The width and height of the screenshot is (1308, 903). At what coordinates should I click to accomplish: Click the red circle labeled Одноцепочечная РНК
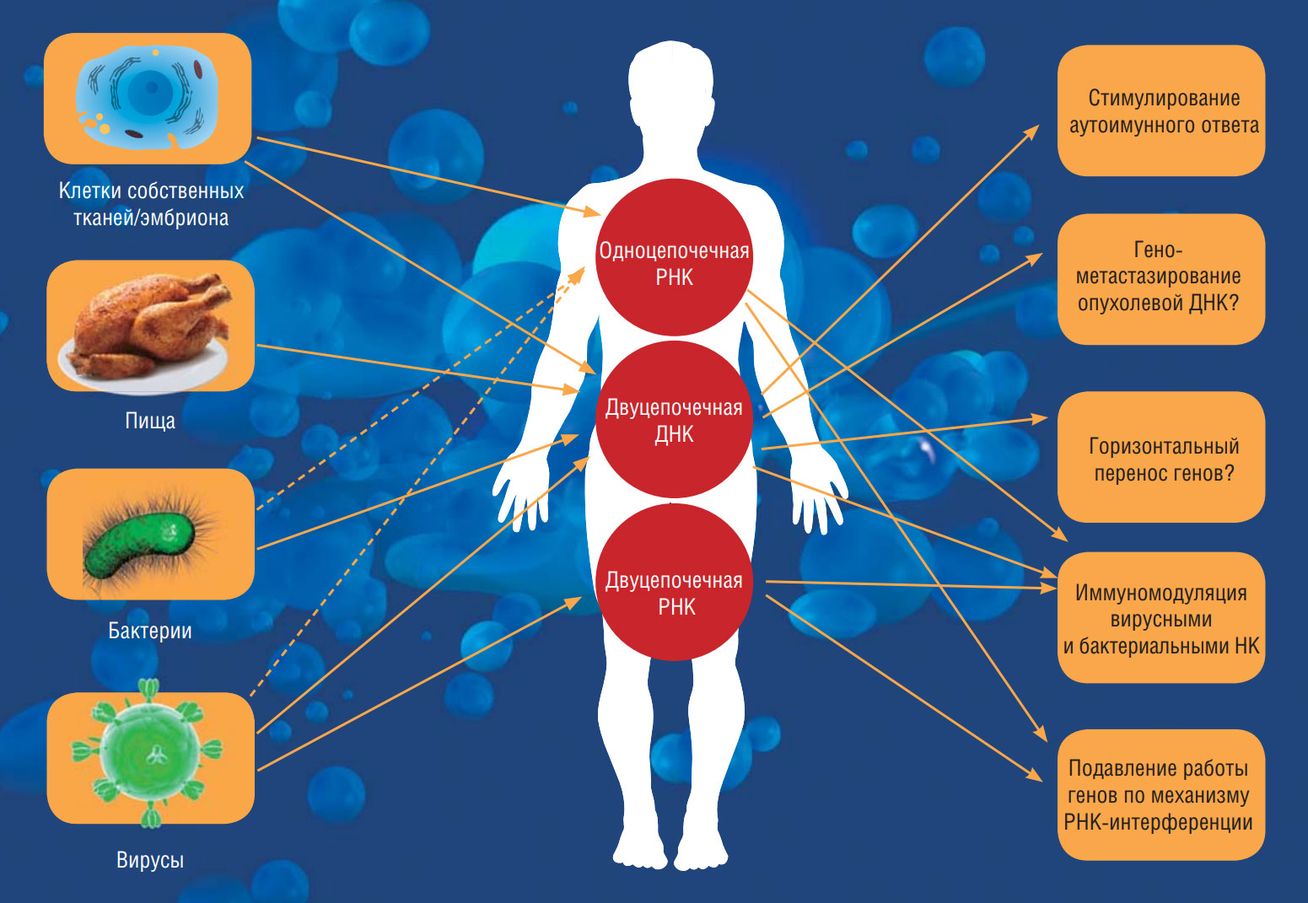pos(674,257)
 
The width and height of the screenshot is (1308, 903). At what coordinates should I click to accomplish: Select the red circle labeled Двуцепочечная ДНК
pos(674,420)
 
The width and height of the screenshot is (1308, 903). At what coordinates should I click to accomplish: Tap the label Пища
pos(150,421)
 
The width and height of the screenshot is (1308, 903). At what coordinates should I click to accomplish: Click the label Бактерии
pos(150,631)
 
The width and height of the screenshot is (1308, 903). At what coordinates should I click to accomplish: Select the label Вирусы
pos(150,861)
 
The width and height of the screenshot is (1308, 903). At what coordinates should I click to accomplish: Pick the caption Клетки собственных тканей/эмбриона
pos(151,204)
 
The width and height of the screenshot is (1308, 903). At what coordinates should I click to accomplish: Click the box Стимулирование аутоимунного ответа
pos(1161,110)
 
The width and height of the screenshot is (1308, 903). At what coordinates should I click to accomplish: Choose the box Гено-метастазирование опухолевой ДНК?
pos(1161,278)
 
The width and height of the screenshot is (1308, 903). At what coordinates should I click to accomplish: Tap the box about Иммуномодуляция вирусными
pos(1161,617)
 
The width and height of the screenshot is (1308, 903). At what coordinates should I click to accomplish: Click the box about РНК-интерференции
pos(1161,794)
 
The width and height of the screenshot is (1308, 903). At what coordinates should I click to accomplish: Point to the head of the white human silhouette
pos(671,80)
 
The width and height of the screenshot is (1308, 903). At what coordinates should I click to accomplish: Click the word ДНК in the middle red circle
pos(674,435)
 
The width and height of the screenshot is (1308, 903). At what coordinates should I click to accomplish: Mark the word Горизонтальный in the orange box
pos(1164,446)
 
